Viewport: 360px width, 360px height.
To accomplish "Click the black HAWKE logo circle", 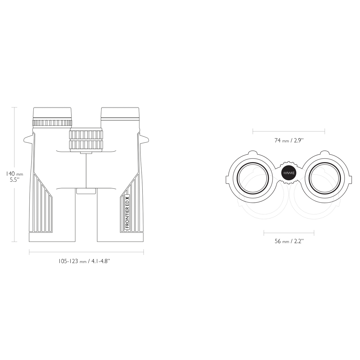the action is point(289,173).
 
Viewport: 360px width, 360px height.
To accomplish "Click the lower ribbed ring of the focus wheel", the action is point(86,145).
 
